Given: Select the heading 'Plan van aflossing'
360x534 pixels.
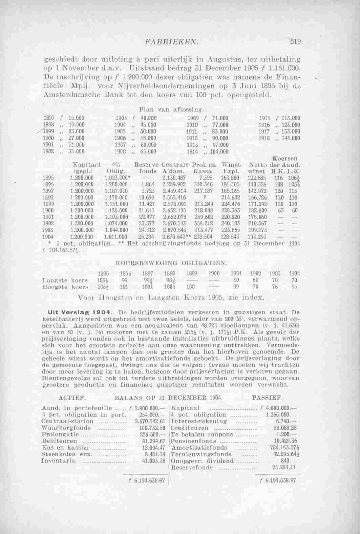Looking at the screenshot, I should [171, 110].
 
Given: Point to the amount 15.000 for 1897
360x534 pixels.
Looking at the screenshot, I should [76, 118].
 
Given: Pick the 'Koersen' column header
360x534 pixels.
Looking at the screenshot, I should [287, 158].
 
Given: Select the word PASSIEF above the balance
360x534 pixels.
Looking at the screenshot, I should [268, 396].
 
